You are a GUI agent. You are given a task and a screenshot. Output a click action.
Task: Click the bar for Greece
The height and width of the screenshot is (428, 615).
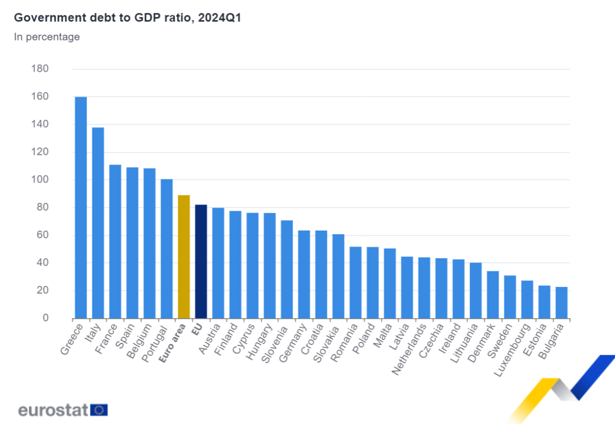[81, 208]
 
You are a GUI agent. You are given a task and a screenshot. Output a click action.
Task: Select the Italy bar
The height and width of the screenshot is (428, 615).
[98, 223]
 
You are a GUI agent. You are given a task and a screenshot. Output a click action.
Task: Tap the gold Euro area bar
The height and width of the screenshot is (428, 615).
[183, 256]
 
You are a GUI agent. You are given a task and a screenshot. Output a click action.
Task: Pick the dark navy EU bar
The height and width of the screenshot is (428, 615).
[201, 261]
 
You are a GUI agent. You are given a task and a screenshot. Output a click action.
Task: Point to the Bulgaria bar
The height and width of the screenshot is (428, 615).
[561, 302]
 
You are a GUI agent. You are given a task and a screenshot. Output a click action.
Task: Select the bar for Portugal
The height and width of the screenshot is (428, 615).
[167, 249]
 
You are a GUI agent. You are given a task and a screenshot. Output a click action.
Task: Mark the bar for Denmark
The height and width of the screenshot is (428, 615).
[493, 295]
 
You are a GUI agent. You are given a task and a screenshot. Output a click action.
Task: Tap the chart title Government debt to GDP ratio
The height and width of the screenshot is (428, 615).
[127, 18]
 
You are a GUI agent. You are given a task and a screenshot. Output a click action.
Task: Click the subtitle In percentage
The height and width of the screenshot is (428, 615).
[47, 37]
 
